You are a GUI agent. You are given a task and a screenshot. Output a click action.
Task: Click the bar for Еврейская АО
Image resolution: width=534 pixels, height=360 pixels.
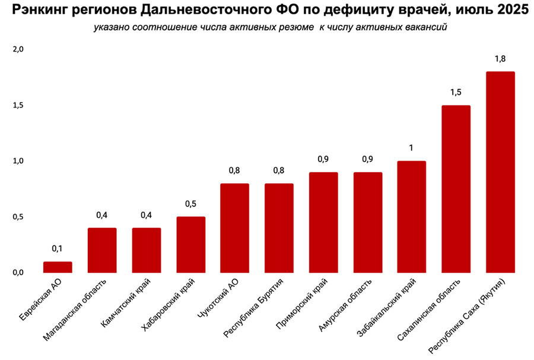[x=58, y=267]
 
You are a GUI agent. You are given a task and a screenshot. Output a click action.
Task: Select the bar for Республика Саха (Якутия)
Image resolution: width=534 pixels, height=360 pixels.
[x=500, y=172]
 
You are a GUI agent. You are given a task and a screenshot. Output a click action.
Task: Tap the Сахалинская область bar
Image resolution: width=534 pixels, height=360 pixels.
[x=456, y=189]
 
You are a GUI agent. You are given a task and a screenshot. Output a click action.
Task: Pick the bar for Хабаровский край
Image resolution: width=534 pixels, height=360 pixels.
[x=190, y=245]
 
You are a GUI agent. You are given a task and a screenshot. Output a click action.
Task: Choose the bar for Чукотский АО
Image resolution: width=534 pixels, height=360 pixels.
[x=234, y=228]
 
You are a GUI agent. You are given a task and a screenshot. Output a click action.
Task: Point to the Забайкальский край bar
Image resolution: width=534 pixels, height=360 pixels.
[x=411, y=216]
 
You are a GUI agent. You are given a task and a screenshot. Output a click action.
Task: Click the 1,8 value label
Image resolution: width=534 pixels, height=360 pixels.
[x=500, y=59]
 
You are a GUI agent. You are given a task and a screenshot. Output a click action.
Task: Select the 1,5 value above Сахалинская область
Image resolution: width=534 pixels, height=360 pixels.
[x=456, y=92]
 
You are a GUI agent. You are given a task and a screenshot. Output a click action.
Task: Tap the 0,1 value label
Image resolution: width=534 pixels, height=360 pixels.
[x=57, y=249]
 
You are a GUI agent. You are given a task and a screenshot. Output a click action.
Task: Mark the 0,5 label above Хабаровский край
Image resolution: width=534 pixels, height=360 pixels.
[x=190, y=204]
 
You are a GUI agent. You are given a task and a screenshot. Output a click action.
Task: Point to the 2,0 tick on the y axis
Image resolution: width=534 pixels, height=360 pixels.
[x=18, y=49]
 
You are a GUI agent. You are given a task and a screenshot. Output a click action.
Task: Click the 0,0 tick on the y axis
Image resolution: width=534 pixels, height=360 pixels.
[x=18, y=273]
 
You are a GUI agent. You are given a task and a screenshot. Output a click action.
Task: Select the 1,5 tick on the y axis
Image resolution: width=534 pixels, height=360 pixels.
[x=18, y=106]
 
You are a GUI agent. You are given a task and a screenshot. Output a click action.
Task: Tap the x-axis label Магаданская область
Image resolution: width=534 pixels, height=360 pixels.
[x=75, y=310]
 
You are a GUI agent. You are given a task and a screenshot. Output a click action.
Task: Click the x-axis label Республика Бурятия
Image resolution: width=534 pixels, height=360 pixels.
[x=253, y=308]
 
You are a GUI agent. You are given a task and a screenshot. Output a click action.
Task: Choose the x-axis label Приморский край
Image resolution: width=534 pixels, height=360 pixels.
[x=302, y=304]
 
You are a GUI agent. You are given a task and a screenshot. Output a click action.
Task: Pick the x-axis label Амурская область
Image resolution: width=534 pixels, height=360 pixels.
[x=345, y=305]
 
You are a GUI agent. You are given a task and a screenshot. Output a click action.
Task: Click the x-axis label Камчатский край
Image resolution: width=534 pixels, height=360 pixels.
[x=126, y=303]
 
